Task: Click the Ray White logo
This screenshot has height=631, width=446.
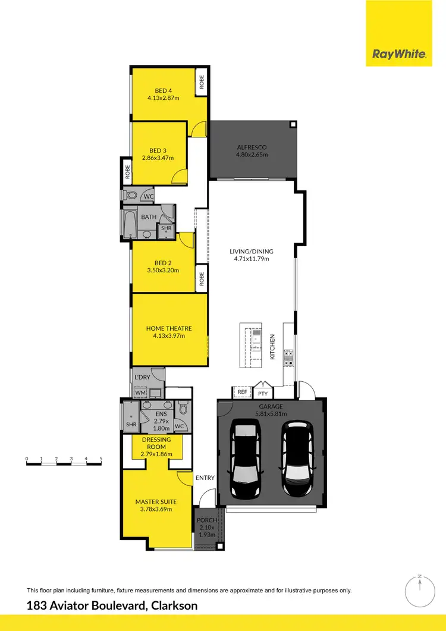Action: tap(399, 54)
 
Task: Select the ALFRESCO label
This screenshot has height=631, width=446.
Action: tap(252, 147)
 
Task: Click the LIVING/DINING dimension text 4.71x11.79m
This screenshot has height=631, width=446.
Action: tap(250, 259)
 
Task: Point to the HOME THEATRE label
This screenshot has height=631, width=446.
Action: tap(169, 328)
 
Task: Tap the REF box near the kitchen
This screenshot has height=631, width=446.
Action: tap(242, 392)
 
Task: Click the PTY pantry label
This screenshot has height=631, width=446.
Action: tap(262, 393)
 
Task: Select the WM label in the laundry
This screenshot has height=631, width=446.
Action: tap(140, 393)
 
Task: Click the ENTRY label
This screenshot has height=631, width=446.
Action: tap(205, 478)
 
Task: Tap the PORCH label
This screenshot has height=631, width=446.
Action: tap(207, 520)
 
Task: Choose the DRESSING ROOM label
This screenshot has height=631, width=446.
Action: tap(156, 443)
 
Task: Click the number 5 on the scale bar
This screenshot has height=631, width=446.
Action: tap(101, 459)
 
